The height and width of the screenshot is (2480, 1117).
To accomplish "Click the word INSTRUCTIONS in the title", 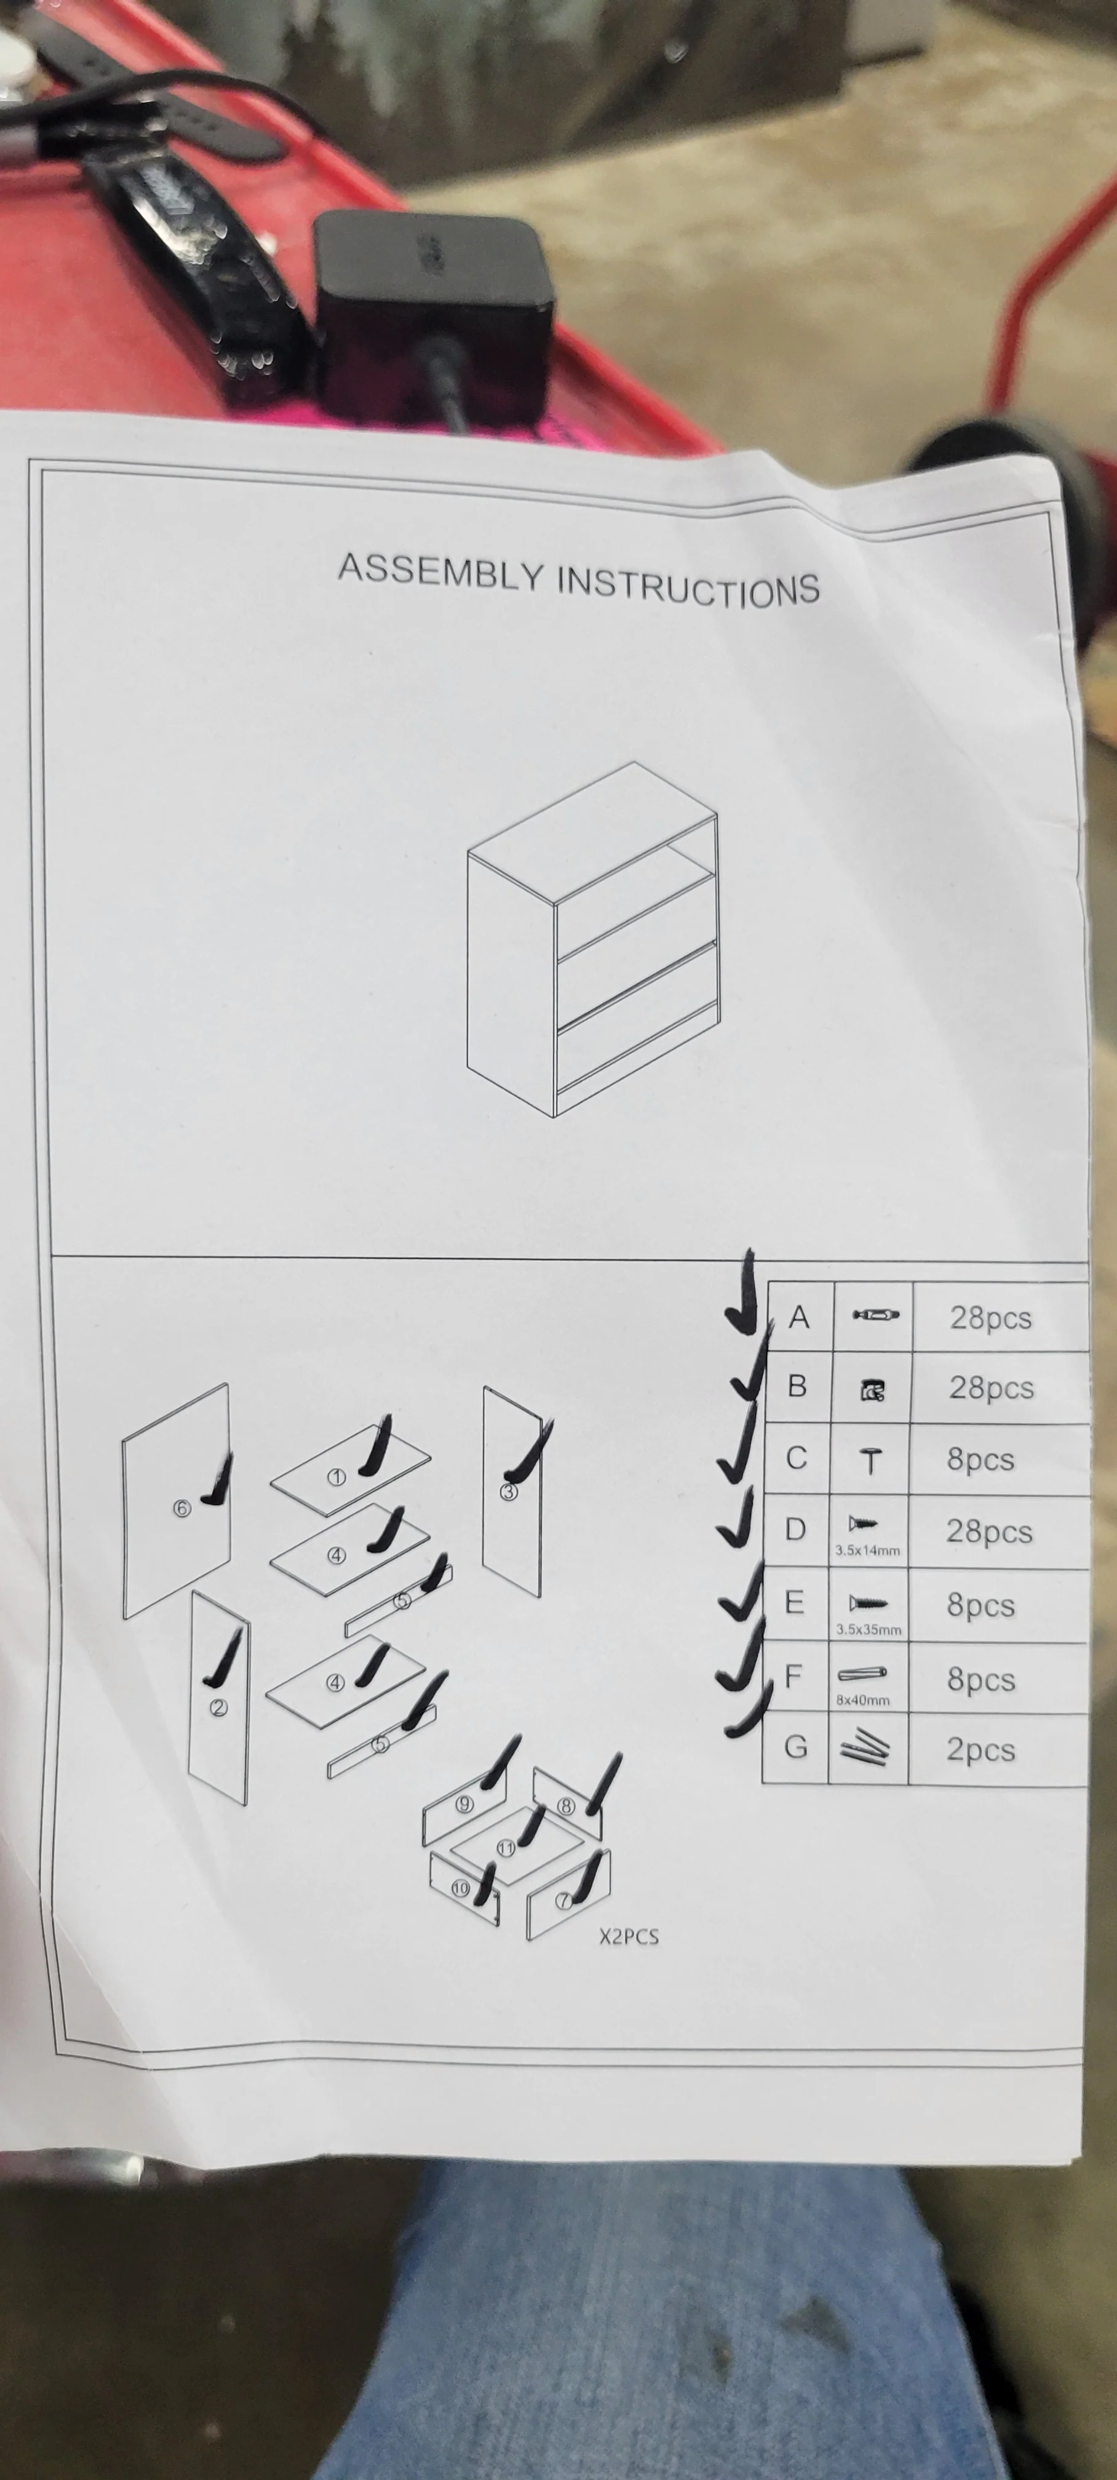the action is (x=688, y=584).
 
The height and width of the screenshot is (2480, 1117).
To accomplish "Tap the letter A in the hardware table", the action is (x=798, y=1316).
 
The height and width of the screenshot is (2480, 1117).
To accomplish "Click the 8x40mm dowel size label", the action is (x=863, y=1699).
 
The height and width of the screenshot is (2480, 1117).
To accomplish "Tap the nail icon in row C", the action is (x=870, y=1461).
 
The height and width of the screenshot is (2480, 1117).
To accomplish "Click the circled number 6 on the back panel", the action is (x=181, y=1508).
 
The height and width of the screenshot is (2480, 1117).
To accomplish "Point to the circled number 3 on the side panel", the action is (x=509, y=1492).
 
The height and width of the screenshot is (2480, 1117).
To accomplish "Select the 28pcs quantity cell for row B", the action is (x=991, y=1387).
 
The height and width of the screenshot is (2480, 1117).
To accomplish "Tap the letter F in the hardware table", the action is (x=793, y=1676).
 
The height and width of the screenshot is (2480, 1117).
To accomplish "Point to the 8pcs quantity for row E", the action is (x=980, y=1604).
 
